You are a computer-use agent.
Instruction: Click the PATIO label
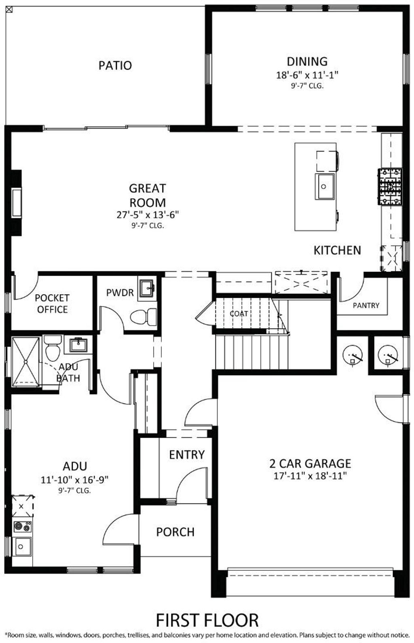[115, 65]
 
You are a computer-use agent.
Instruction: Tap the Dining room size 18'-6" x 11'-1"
[307, 75]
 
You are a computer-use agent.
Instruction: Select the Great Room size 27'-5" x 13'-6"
[148, 215]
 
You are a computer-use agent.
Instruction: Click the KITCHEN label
[337, 250]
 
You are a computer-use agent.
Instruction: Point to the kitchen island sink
[325, 186]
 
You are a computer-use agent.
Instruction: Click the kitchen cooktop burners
[390, 187]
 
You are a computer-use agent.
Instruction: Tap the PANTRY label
[366, 306]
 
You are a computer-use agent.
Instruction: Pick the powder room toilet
[144, 317]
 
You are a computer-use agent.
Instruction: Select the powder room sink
[147, 288]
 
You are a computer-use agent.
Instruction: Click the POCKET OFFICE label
[52, 304]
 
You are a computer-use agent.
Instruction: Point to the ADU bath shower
[25, 362]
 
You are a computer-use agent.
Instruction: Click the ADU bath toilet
[53, 348]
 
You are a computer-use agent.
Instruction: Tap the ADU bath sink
[78, 345]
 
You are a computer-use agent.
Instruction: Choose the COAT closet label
[239, 314]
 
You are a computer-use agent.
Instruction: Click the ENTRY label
[187, 455]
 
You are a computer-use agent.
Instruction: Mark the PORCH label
[175, 532]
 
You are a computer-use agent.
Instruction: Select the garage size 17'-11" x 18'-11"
[310, 476]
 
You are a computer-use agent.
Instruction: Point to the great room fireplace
[16, 202]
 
